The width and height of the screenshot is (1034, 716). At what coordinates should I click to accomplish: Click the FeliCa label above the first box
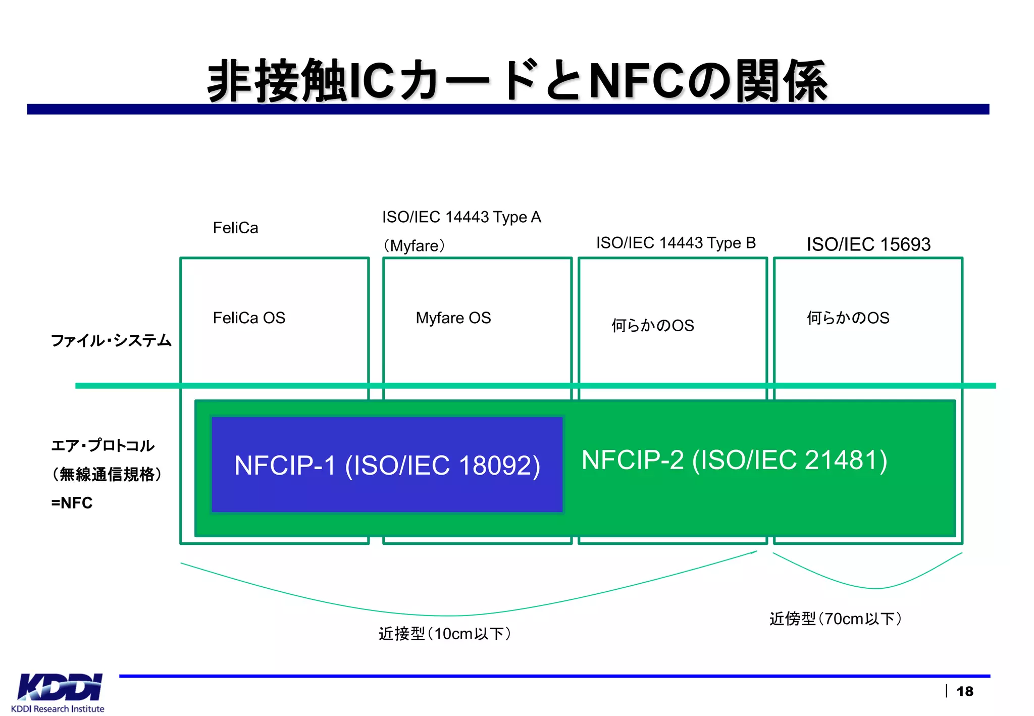(x=235, y=228)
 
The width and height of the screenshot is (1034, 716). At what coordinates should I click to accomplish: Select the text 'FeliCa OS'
(x=249, y=318)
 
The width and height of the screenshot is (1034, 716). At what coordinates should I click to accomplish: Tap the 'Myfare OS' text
(x=453, y=318)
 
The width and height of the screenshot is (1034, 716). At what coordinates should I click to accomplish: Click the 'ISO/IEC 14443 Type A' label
(x=461, y=217)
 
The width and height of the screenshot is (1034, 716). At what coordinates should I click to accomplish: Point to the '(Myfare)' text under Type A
(x=414, y=246)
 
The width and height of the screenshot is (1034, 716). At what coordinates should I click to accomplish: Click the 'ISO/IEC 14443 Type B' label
(x=676, y=243)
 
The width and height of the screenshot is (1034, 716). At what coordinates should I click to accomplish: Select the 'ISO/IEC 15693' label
(x=868, y=244)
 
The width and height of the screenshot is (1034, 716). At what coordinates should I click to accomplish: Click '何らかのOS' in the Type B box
(x=652, y=325)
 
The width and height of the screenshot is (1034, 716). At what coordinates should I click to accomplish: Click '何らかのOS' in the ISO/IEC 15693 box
(x=848, y=318)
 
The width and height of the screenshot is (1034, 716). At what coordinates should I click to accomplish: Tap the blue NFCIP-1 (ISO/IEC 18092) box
(x=387, y=465)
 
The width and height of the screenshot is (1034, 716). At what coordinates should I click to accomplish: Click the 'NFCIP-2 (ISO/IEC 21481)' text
(x=734, y=460)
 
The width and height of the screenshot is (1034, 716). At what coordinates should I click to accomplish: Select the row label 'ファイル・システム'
(x=111, y=340)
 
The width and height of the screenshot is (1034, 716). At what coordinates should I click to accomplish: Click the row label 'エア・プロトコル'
(x=102, y=445)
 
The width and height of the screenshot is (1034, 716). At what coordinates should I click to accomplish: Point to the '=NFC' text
(x=72, y=503)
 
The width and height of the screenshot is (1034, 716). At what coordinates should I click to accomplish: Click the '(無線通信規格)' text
(x=107, y=474)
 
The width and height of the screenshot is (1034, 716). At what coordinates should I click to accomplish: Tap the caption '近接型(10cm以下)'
(x=445, y=634)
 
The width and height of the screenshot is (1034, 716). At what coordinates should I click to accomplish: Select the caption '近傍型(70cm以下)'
(x=836, y=619)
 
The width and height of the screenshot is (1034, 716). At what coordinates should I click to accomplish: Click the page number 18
(x=964, y=691)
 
